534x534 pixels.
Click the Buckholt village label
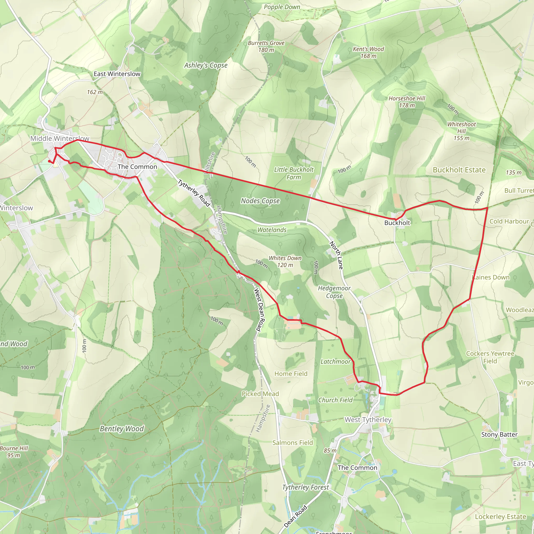(397, 223)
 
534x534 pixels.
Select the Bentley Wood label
(122, 429)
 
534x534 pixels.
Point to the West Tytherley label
(368, 420)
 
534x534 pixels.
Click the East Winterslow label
(117, 74)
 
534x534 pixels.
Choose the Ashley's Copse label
(206, 65)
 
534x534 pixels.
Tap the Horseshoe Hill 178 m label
(406, 102)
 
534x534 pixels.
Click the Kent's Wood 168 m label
(368, 52)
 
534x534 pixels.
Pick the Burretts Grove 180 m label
(266, 46)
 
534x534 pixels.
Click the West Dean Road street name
(259, 310)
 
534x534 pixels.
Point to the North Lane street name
(336, 255)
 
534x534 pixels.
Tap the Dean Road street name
(295, 516)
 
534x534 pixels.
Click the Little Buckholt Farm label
(294, 173)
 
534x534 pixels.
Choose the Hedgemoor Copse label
(334, 292)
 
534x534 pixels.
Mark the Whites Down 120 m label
(285, 262)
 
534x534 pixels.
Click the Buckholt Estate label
(459, 170)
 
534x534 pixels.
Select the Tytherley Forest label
(305, 487)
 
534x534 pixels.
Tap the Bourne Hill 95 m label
(14, 451)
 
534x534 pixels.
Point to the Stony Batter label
(499, 434)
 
